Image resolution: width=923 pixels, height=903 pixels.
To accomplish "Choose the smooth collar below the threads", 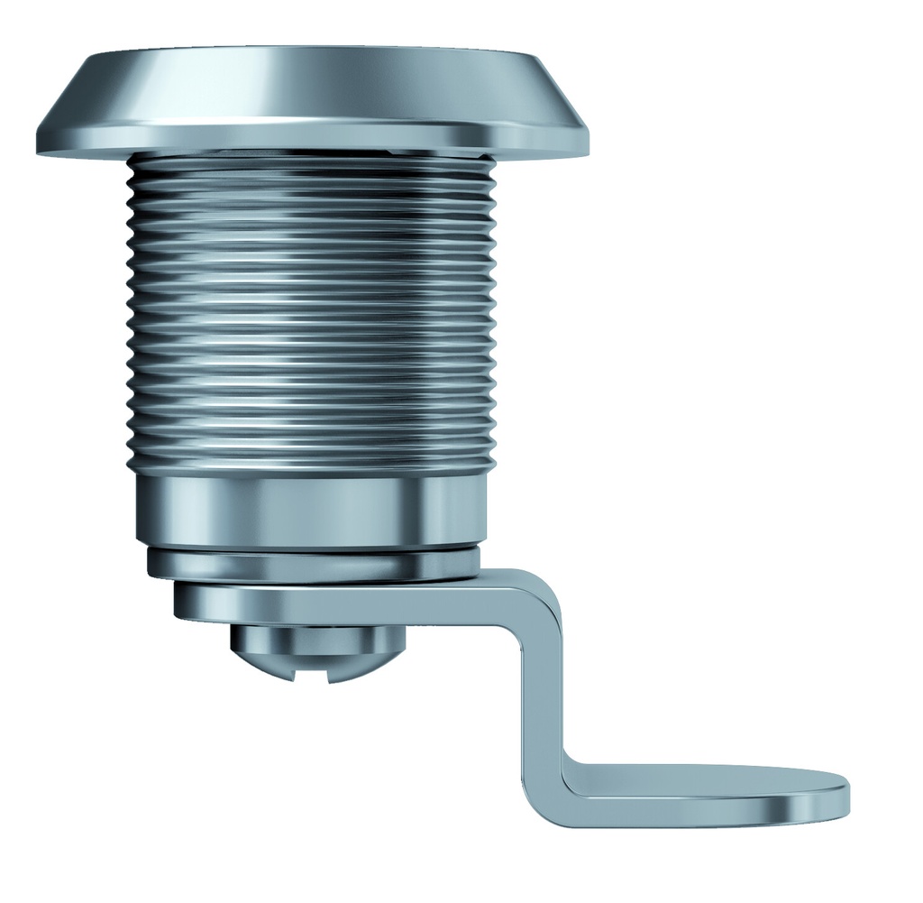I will click(x=311, y=510).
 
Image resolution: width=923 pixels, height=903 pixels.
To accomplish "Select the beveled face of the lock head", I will click(x=311, y=86).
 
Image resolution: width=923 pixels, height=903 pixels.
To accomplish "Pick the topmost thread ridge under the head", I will click(x=311, y=162).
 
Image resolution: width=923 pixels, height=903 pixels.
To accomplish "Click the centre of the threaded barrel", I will click(x=311, y=311).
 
